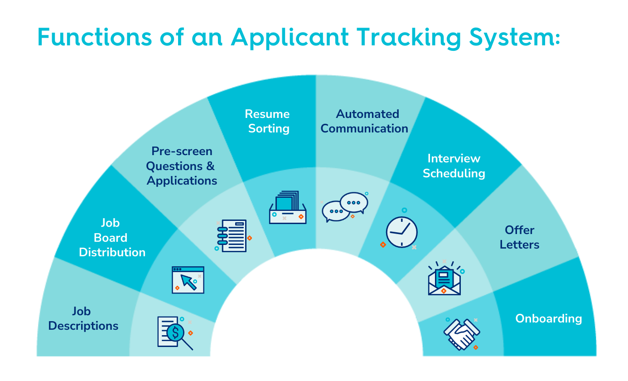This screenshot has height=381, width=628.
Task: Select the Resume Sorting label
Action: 267,121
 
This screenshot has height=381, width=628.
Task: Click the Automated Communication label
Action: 364,121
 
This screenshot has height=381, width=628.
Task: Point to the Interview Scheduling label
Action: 454,166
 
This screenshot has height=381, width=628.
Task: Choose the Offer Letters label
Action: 520,237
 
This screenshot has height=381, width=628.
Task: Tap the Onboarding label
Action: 549,318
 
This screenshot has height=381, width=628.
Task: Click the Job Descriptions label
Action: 83,318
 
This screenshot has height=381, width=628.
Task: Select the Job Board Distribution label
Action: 112,238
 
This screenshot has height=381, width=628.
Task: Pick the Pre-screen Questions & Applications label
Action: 182,166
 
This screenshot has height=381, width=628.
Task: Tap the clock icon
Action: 401,231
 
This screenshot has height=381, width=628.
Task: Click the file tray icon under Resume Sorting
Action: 288,207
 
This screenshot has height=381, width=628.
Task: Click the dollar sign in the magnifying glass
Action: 174,333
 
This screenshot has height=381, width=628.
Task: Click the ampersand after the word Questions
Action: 210,166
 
